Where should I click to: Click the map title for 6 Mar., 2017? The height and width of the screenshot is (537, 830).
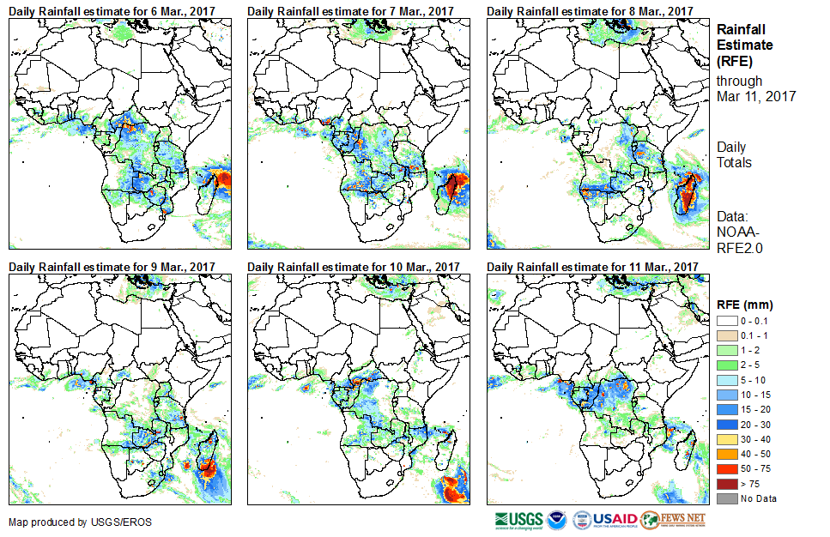coord(112,10)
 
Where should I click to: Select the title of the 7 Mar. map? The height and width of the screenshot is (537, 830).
coord(351,10)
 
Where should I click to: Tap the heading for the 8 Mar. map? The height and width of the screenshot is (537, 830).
coord(590,10)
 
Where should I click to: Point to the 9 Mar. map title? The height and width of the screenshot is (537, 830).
coord(112,267)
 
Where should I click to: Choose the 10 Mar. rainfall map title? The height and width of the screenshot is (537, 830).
coord(354,267)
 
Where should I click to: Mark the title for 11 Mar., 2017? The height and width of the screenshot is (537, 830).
coord(592,267)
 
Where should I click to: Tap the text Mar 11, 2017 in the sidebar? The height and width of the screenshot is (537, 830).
coord(755,96)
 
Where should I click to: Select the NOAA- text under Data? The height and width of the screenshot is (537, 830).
coord(737,232)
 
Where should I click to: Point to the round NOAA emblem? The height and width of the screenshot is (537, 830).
coord(556,520)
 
